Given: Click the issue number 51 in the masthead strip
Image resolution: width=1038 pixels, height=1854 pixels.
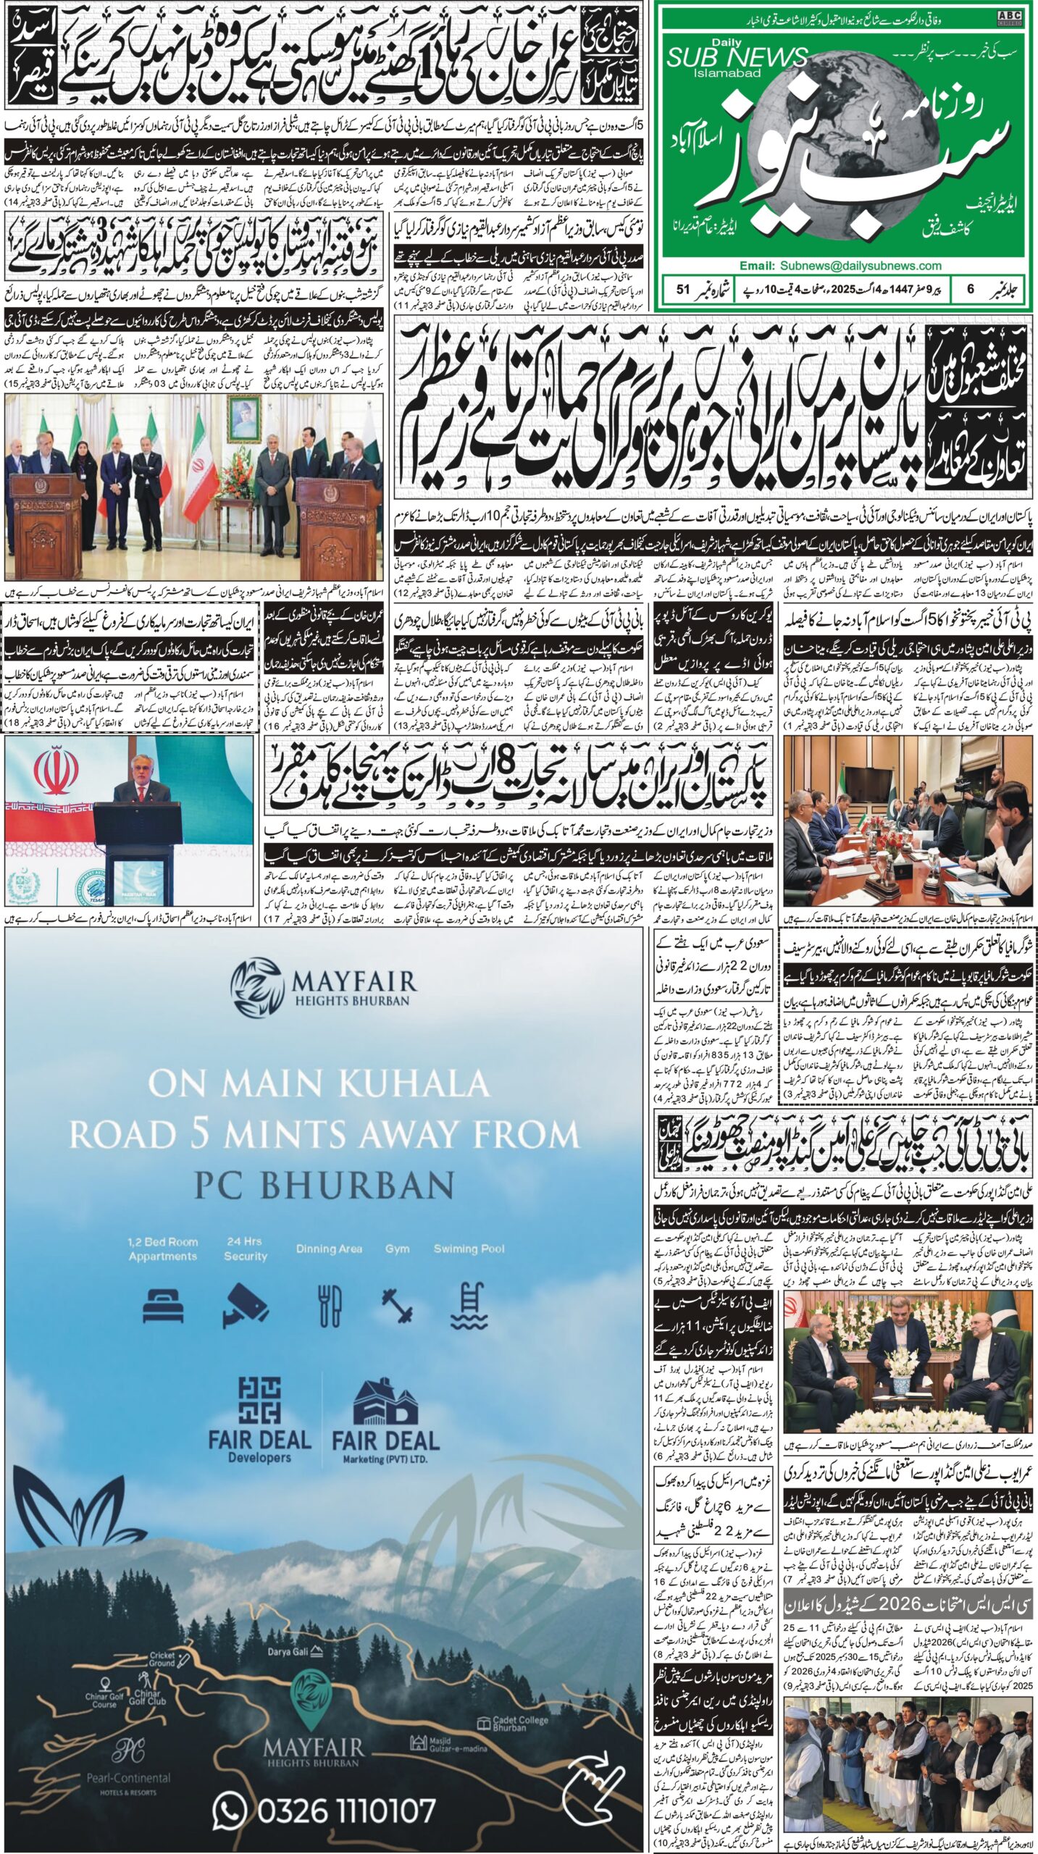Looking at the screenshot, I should pos(682,289).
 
